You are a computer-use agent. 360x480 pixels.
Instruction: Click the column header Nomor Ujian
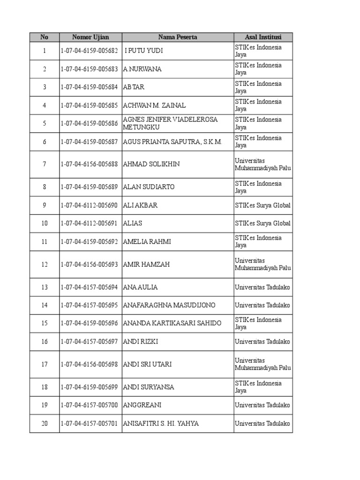[90, 37]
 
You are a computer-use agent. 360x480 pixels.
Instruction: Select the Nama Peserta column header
[178, 37]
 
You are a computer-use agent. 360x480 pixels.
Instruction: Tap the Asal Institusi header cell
[263, 37]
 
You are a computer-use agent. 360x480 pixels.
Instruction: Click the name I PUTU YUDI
[144, 51]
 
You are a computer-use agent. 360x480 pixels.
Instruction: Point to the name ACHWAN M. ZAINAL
[154, 105]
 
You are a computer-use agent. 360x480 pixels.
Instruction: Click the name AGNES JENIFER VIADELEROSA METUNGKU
[170, 123]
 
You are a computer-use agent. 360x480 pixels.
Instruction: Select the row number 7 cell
[45, 164]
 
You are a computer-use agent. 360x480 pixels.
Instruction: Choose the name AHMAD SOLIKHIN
[151, 164]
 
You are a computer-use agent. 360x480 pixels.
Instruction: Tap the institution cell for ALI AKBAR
[262, 205]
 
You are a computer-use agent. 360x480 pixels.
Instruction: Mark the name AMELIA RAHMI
[147, 242]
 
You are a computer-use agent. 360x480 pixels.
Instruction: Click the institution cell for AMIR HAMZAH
[262, 264]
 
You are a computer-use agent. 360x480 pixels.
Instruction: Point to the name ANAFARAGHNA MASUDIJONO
[169, 306]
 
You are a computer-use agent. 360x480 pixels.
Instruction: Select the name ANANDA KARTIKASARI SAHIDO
[172, 323]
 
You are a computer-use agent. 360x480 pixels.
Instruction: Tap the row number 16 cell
[45, 342]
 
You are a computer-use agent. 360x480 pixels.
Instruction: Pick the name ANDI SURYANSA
[148, 387]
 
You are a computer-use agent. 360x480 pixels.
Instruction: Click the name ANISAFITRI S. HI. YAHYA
[160, 424]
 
